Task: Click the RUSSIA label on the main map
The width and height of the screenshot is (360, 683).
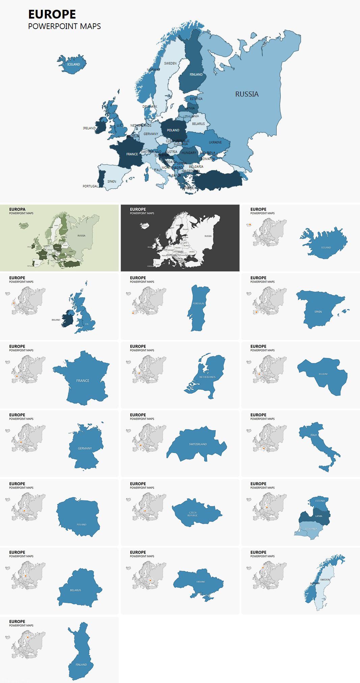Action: point(247,94)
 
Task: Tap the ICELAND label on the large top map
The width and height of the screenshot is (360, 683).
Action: point(74,64)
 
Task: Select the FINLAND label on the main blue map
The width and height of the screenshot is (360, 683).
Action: point(196,75)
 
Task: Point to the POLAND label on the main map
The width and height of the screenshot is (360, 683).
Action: point(173,130)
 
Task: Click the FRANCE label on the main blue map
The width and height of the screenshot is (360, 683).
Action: point(132,154)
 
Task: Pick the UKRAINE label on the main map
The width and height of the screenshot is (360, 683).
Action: point(215,142)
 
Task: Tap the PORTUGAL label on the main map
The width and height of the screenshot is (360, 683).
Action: point(90,186)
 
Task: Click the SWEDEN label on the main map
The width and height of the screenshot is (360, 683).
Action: point(170,63)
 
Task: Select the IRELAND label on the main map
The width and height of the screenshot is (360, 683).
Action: point(89,128)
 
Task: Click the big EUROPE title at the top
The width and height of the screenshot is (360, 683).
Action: point(52,15)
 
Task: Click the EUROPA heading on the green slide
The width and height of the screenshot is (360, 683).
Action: point(17,209)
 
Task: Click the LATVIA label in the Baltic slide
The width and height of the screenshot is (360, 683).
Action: point(319,516)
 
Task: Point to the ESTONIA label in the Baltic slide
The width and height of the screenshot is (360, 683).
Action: point(320,501)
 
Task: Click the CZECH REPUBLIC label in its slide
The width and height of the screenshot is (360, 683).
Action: point(193,514)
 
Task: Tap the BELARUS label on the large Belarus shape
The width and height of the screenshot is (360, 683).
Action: point(76,590)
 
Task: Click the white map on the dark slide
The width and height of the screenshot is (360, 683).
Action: point(189,240)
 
